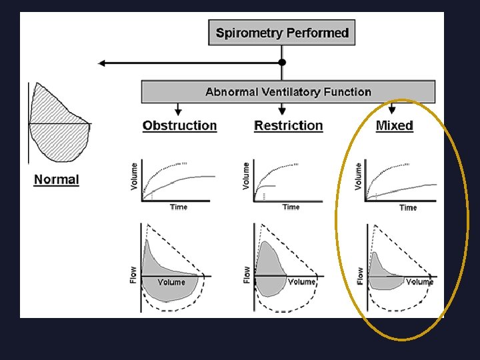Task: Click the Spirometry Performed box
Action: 282,33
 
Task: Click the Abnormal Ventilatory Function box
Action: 288,92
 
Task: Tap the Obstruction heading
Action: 179,125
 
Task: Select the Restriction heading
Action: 288,125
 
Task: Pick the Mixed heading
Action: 394,125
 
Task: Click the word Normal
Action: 56,179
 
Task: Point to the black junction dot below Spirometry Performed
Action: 282,63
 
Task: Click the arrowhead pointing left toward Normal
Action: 102,63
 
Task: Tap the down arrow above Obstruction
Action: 178,109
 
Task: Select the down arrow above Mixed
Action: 393,109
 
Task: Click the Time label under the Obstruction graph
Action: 179,207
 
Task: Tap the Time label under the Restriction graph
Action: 291,207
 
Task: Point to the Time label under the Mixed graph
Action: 408,208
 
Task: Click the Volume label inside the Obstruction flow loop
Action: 171,283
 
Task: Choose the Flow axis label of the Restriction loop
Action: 247,274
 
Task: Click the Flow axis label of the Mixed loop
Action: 360,275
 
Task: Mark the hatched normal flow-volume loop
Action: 59,123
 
